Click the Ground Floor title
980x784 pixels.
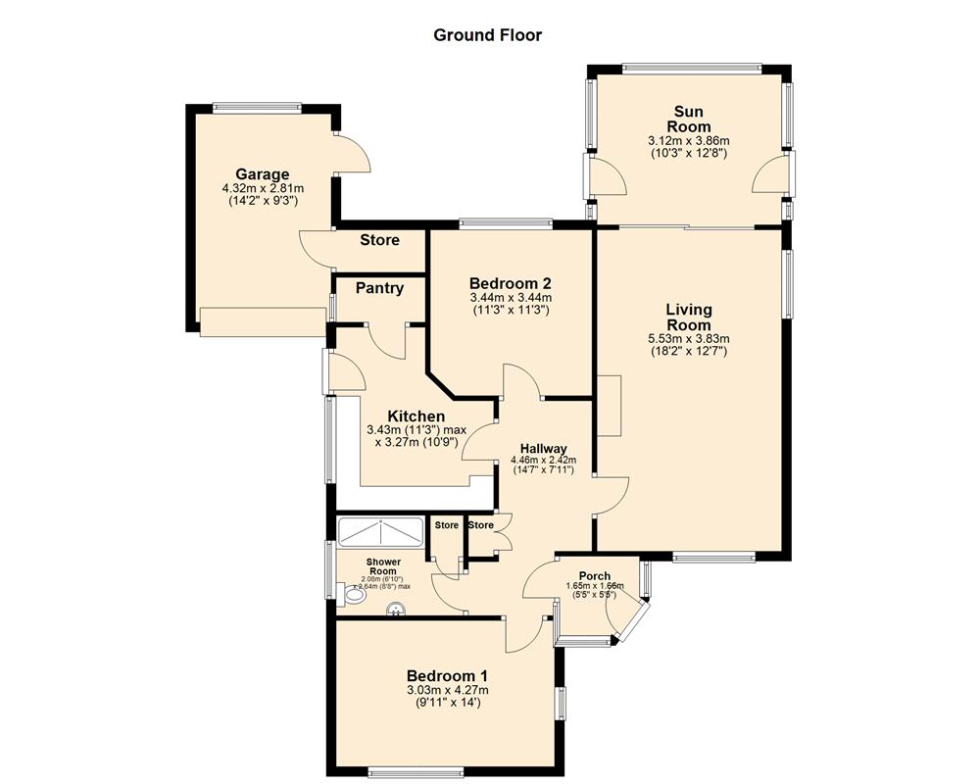click(487, 35)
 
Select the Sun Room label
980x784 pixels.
click(688, 119)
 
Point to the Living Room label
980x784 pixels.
click(688, 318)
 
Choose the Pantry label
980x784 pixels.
click(379, 288)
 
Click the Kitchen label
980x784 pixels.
click(416, 416)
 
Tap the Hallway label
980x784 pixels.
click(544, 449)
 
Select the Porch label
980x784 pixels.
click(594, 576)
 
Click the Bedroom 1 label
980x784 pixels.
click(447, 675)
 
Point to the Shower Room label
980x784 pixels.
click(382, 567)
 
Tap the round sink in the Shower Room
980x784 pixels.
click(396, 611)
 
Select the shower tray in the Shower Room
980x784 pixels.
click(380, 530)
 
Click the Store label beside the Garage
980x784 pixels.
click(379, 240)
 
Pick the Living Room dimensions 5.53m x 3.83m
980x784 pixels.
click(688, 339)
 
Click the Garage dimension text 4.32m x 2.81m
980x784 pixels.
click(262, 188)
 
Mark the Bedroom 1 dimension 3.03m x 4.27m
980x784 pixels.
click(447, 690)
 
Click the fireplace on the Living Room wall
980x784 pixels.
click(609, 405)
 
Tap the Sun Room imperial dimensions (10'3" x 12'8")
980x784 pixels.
click(688, 154)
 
